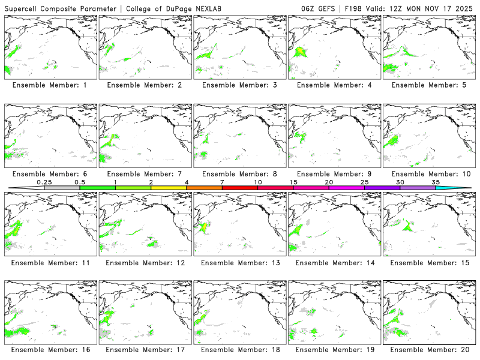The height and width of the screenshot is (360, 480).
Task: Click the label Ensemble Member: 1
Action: [50, 85]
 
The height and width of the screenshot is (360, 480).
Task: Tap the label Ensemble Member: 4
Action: [334, 85]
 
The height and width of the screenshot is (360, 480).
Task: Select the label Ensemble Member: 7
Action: [145, 174]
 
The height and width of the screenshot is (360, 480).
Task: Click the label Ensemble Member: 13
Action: [239, 263]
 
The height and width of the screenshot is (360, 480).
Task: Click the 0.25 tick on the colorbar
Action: [44, 188]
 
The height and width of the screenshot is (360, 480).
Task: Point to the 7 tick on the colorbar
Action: [222, 188]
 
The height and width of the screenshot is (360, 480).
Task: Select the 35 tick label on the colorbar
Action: [436, 182]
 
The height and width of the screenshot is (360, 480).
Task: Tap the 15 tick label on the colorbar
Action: [293, 182]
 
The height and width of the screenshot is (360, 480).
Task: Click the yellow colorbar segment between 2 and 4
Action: [169, 188]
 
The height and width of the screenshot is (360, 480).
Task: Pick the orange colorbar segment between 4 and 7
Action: [204, 188]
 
